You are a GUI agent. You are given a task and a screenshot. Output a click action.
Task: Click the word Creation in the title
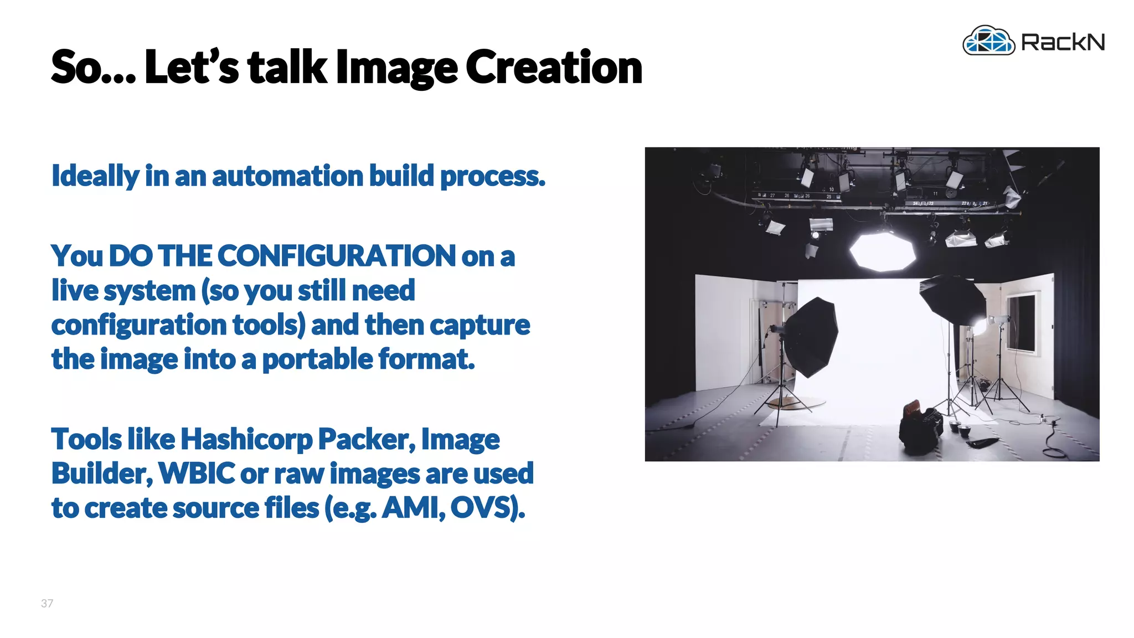point(553,68)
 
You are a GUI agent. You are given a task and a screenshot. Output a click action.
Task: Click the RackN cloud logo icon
point(988,41)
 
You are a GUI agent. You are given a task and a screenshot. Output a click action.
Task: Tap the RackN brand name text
point(1063,42)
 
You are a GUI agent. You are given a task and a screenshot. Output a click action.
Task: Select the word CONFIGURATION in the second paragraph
point(337,256)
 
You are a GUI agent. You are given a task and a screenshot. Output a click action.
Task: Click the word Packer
point(366,439)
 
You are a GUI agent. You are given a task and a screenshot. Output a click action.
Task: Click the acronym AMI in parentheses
point(413,508)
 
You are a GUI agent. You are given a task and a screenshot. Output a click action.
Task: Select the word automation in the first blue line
point(287,176)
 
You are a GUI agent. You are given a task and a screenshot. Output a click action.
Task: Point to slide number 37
point(47,603)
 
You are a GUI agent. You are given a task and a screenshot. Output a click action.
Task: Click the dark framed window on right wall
point(1020,323)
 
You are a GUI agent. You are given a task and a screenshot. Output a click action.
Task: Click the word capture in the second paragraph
point(480,325)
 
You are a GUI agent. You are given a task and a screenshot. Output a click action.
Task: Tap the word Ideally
point(95,176)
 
